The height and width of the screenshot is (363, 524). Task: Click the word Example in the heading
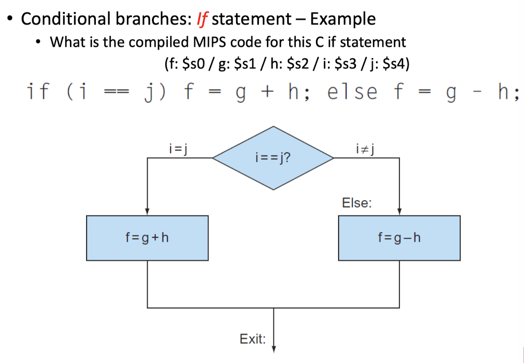[343, 19]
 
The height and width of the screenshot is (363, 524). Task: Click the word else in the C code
[352, 92]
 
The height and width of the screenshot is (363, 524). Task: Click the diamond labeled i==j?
[273, 157]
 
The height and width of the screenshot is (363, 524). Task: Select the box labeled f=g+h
[147, 238]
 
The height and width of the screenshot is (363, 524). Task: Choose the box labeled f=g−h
[399, 238]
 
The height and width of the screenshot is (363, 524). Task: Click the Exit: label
[253, 339]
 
